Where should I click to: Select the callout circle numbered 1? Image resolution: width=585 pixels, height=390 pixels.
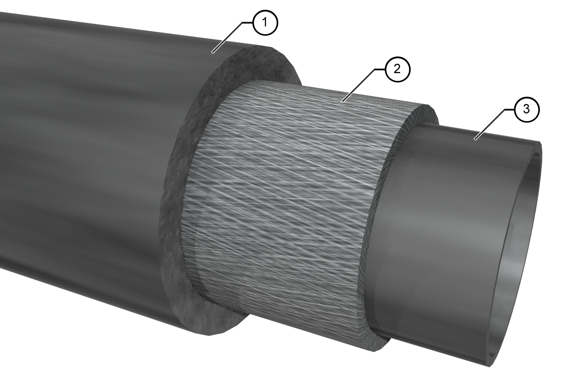[265, 23]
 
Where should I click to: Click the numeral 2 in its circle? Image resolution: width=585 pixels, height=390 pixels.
[397, 69]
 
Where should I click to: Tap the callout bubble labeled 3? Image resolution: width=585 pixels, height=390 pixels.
[526, 109]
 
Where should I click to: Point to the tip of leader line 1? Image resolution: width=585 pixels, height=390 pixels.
[212, 52]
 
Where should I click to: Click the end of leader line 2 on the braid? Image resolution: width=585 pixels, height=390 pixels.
[342, 101]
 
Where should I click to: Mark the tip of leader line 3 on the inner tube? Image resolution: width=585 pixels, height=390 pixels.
[475, 139]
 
